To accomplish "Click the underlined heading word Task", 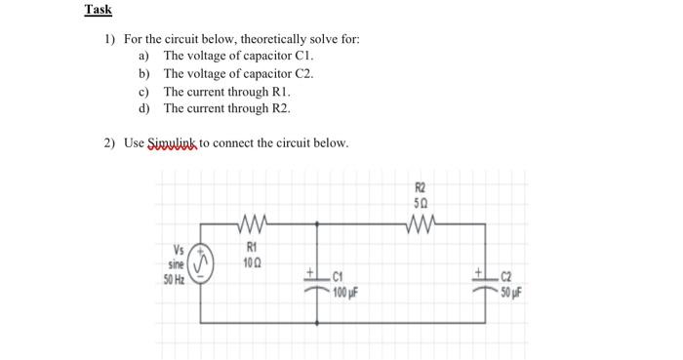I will click(98, 10).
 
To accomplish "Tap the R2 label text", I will click(421, 185).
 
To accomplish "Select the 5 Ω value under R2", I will click(421, 202).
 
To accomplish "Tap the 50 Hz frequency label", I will click(175, 280).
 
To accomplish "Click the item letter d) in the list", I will click(143, 107).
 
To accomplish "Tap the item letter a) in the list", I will click(143, 57).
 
